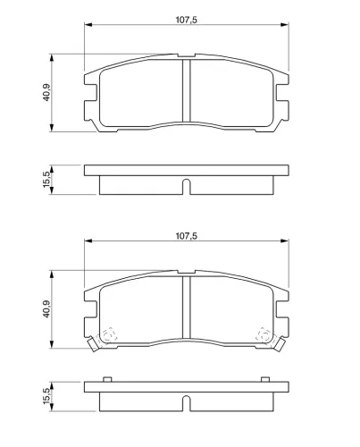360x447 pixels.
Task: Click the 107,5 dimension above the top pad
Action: tap(187, 20)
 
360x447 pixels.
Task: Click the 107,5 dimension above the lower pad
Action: tap(187, 236)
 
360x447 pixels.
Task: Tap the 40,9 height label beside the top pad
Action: tap(46, 92)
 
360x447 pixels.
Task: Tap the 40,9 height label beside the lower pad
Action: tap(46, 309)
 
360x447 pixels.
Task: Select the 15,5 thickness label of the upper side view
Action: tap(46, 180)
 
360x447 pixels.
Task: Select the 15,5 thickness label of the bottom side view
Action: tap(46, 396)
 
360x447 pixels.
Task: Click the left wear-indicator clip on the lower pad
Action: tap(94, 344)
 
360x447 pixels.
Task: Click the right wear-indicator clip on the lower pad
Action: tap(280, 344)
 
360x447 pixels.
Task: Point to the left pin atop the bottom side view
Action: tap(107, 379)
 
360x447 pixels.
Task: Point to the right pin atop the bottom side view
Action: tap(265, 379)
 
